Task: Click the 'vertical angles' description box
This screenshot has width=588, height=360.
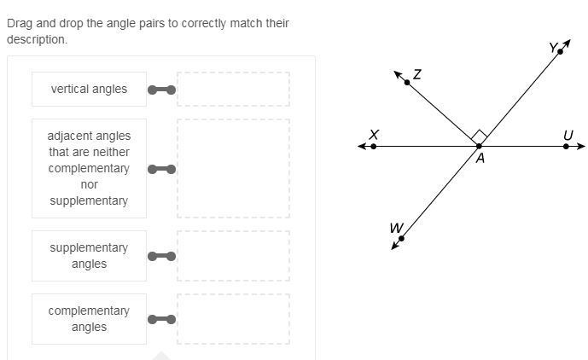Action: click(x=89, y=89)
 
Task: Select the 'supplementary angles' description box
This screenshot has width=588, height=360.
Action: click(x=89, y=256)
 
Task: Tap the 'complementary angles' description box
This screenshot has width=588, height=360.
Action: click(x=89, y=319)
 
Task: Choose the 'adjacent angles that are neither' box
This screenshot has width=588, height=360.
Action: click(x=89, y=168)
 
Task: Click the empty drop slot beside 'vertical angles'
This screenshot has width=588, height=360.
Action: click(x=233, y=89)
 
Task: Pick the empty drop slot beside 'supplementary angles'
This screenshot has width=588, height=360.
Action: click(x=233, y=256)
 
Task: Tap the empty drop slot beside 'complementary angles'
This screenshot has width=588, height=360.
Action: click(x=233, y=319)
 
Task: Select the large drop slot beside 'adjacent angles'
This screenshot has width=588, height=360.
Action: click(x=233, y=168)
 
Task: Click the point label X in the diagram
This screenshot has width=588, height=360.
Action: click(x=374, y=135)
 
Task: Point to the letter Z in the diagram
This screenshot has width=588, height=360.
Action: click(x=416, y=75)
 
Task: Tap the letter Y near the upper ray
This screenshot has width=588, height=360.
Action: click(x=552, y=49)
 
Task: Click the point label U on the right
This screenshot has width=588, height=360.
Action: click(x=568, y=135)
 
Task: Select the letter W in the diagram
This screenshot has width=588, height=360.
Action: click(x=395, y=228)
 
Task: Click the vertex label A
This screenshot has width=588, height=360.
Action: click(x=480, y=158)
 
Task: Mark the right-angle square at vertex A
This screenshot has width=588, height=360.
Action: click(x=479, y=136)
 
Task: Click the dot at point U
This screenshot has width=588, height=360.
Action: click(x=567, y=147)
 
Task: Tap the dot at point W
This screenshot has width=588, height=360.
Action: click(x=401, y=239)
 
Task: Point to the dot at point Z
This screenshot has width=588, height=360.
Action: click(x=407, y=82)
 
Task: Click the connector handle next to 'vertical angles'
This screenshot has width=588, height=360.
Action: click(x=161, y=90)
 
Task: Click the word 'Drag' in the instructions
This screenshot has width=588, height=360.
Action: click(x=20, y=23)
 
